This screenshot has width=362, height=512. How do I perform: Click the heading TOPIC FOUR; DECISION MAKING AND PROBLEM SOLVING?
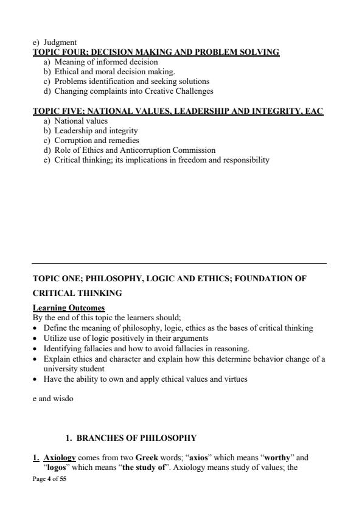156,52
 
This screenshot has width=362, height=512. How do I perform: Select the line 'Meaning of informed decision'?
106,61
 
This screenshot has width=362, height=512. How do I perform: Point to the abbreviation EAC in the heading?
314,111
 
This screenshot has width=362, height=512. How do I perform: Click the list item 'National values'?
81,121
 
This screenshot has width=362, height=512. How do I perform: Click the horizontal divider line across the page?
179,263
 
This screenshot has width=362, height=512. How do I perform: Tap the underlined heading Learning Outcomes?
69,307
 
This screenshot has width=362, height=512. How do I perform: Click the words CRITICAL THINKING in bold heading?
77,293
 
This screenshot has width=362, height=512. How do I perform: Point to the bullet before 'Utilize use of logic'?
36,337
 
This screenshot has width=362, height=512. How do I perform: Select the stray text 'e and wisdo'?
54,400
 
